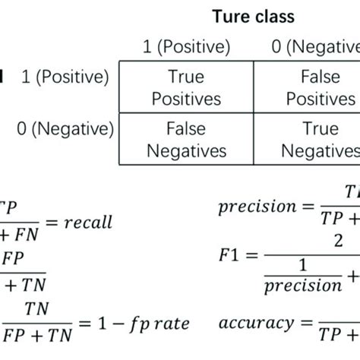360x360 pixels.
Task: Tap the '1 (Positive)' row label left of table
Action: [x=65, y=77]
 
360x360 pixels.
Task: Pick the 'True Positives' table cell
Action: [x=186, y=88]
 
